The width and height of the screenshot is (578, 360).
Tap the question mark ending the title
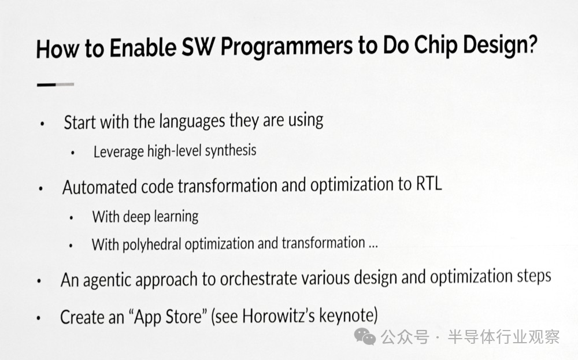point(531,44)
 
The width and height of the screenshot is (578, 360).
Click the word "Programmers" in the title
point(287,47)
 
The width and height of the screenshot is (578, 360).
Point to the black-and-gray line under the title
point(55,85)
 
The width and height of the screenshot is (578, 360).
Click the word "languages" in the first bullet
point(192,121)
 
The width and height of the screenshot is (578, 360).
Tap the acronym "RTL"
point(429,183)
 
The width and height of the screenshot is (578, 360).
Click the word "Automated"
point(99,187)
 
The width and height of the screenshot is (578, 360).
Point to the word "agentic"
point(109,280)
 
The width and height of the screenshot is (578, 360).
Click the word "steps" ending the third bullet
point(533,276)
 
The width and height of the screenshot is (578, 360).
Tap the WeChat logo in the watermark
point(365,336)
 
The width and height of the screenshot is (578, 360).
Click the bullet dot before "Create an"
point(38,318)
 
